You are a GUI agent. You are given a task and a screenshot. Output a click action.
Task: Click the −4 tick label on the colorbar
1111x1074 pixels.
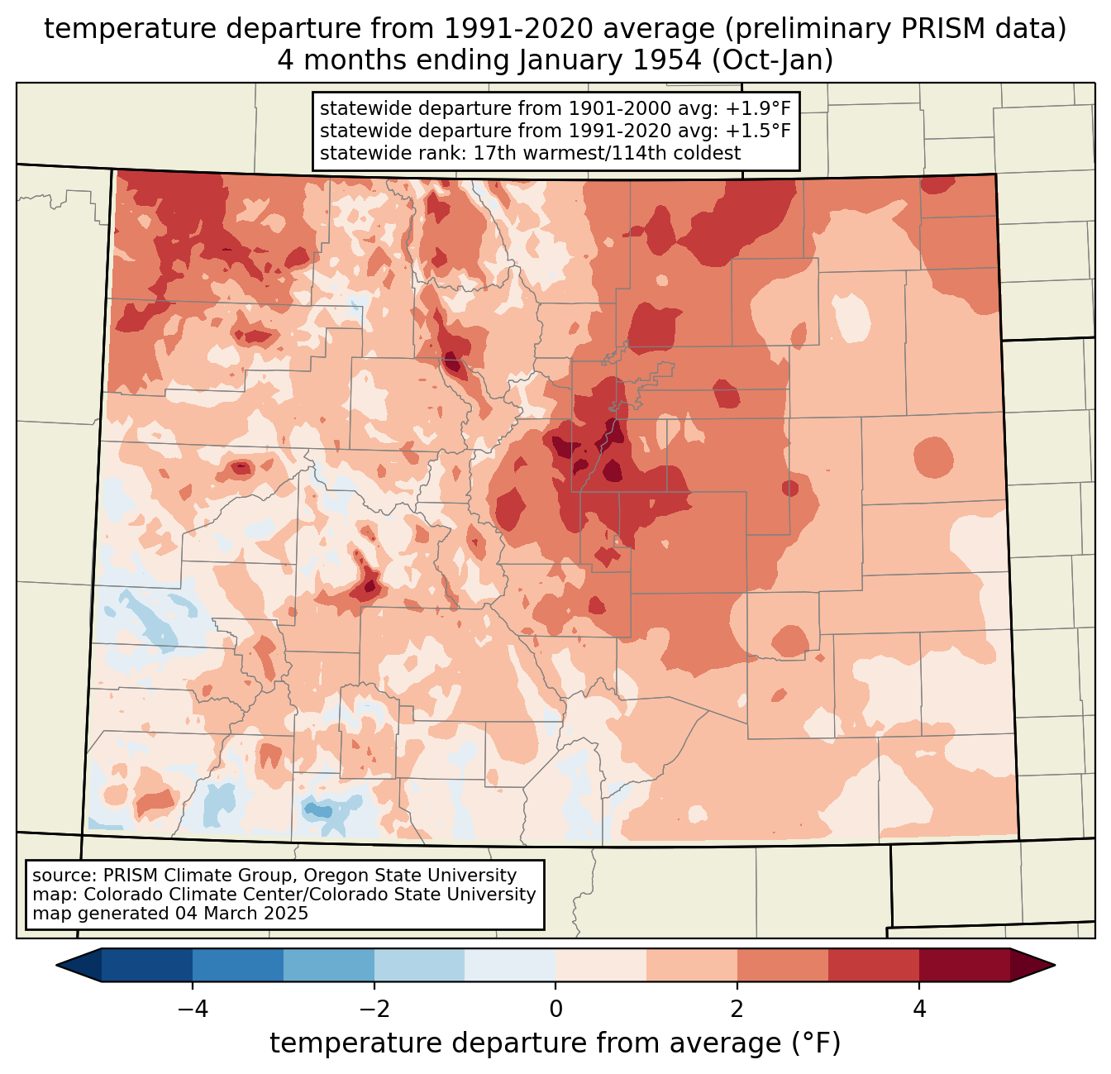point(193,1009)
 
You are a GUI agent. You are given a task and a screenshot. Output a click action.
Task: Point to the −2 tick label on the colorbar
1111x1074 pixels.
point(374,1009)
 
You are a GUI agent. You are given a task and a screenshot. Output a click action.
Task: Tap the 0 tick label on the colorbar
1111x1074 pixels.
point(555,1009)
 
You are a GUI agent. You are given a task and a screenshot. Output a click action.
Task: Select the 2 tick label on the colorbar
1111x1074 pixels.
point(737,1009)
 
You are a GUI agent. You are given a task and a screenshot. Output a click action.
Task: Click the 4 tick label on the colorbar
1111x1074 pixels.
point(918,1009)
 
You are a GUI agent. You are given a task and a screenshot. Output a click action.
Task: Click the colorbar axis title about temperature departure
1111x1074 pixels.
point(555,1043)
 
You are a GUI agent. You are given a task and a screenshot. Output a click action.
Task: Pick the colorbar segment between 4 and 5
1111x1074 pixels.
point(964,965)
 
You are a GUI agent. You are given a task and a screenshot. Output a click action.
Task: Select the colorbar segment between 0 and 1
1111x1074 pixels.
point(601,965)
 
